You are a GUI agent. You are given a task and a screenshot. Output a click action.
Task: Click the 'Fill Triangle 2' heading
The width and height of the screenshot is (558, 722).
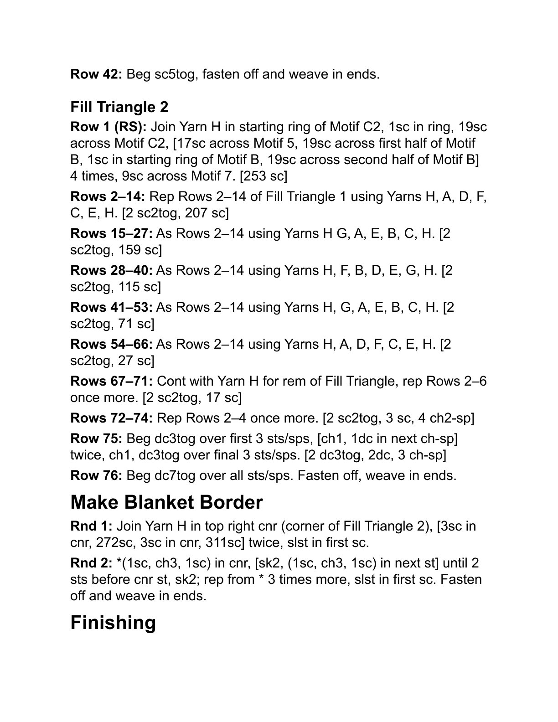[x=119, y=108]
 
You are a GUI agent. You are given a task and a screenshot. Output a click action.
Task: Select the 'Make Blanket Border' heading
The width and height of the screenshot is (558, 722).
[x=166, y=502]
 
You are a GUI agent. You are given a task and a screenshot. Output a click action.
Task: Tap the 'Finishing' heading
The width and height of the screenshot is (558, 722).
[x=113, y=623]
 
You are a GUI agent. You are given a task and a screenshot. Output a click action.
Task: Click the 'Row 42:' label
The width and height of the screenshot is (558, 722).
[x=96, y=74]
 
